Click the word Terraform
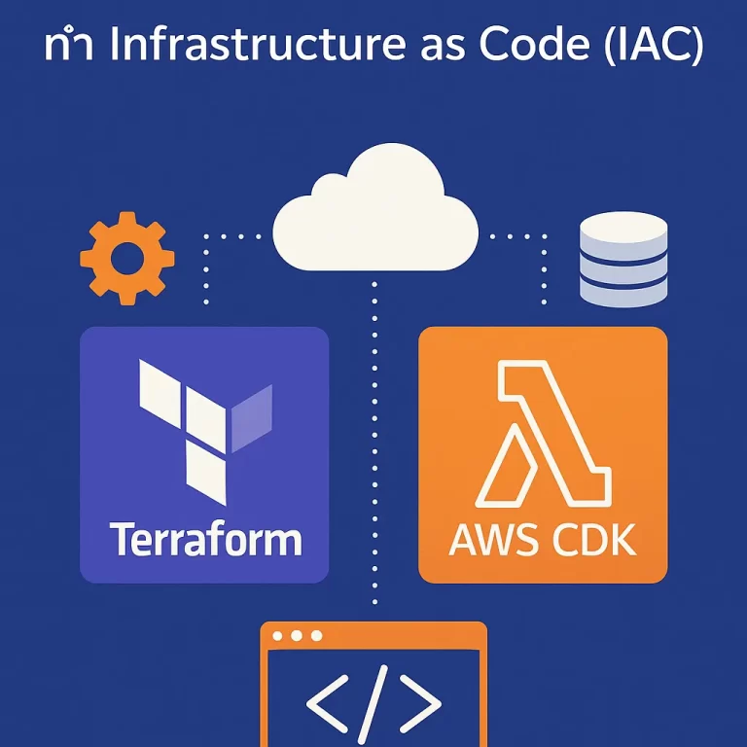(x=204, y=539)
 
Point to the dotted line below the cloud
(x=374, y=438)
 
